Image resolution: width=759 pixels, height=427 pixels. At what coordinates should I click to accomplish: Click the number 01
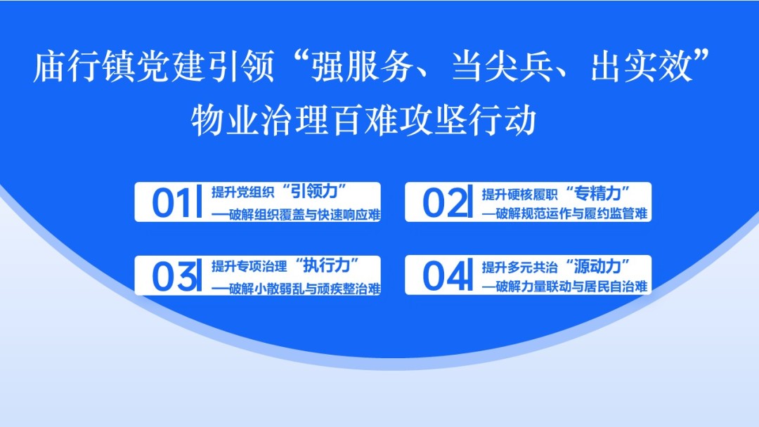tap(170, 203)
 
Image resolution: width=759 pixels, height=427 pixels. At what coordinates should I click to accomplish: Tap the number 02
tap(441, 203)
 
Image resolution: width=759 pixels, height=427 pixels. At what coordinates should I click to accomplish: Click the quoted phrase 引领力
tap(315, 192)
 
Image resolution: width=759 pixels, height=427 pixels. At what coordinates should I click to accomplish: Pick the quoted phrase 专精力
tap(598, 193)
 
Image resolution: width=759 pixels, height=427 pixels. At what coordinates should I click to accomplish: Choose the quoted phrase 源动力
tap(598, 266)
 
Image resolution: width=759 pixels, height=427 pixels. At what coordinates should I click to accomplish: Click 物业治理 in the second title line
tap(260, 120)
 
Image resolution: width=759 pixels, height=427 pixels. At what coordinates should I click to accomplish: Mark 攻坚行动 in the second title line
tap(467, 120)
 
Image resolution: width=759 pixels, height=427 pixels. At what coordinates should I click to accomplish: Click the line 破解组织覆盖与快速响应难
tap(305, 215)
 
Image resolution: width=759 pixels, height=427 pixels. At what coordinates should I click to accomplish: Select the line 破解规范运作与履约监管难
tap(571, 213)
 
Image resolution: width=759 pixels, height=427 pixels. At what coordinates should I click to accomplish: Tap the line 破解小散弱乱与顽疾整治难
tap(305, 289)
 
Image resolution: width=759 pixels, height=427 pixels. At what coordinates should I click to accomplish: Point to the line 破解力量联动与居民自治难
tap(571, 287)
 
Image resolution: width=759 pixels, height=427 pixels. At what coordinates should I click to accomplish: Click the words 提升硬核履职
tap(519, 195)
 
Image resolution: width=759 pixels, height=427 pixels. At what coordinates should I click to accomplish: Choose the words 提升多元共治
tap(519, 267)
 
